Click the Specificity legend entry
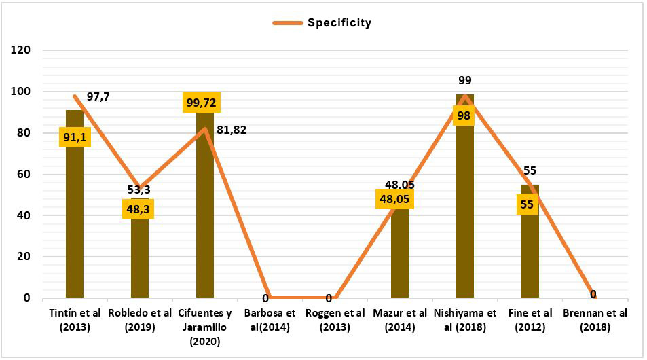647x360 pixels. pos(322,22)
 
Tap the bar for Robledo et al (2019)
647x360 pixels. pos(140,258)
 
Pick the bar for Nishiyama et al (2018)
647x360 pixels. pos(465,204)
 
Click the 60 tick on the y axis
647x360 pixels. pos(23,175)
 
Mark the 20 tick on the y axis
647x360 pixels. pos(23,257)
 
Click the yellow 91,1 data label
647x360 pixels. pos(75,138)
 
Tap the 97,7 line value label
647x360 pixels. pos(98,96)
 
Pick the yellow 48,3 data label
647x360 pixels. pos(139,208)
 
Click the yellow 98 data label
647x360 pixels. pos(464,116)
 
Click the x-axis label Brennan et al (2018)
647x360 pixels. pos(595,319)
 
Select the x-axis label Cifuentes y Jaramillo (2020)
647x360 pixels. pos(204,326)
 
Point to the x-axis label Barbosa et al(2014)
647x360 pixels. pos(270,319)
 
